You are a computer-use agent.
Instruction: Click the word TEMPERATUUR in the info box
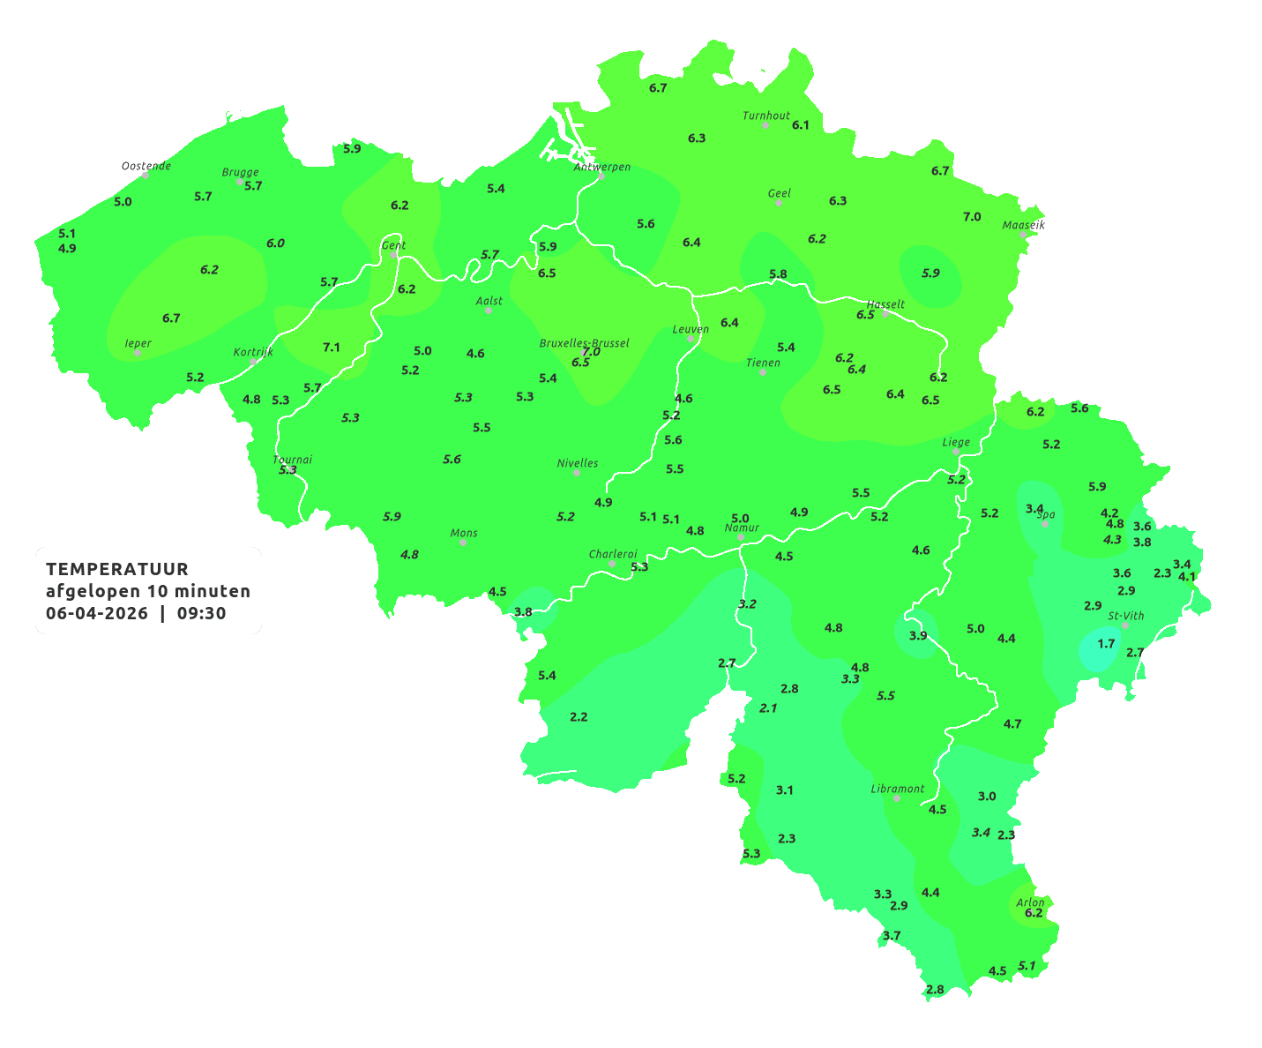[116, 569]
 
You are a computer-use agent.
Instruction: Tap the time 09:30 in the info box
[201, 613]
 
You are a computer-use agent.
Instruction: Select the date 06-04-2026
[96, 613]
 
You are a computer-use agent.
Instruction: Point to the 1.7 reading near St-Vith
[1106, 643]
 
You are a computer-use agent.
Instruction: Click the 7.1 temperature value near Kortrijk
[331, 347]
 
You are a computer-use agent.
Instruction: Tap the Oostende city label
[146, 165]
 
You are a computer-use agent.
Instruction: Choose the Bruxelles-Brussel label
[584, 342]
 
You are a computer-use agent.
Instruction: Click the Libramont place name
[897, 789]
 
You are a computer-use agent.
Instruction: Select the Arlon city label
[1029, 902]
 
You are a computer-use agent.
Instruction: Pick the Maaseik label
[1023, 225]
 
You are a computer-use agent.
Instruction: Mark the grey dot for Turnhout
[765, 125]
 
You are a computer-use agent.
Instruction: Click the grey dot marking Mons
[463, 543]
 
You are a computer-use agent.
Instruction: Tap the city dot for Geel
[779, 203]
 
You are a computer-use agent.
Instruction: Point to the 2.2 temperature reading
[579, 716]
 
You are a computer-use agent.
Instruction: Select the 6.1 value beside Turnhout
[800, 125]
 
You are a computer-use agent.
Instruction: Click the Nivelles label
[577, 462]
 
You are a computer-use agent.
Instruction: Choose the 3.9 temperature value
[917, 635]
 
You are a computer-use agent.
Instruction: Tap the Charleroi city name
[612, 553]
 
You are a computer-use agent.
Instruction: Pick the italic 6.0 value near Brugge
[275, 243]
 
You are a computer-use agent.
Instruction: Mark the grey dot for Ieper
[138, 353]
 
